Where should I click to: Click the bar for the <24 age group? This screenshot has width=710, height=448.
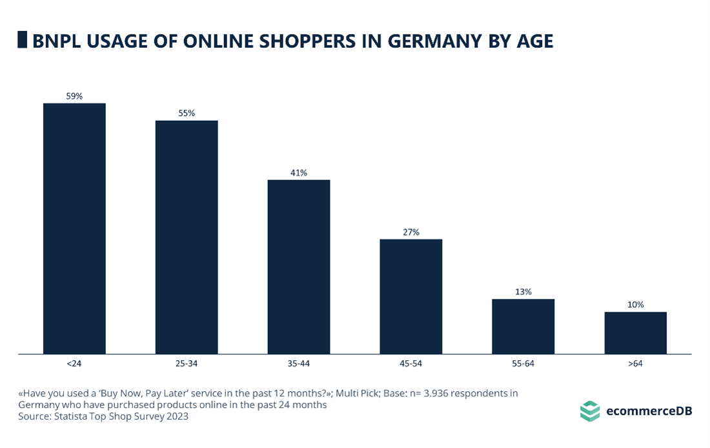(74, 229)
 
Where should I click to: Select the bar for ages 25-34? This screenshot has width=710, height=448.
(187, 237)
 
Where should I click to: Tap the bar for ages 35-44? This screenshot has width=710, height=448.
(299, 267)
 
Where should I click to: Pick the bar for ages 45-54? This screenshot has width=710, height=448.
(411, 296)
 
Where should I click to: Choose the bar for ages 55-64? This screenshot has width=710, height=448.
(523, 326)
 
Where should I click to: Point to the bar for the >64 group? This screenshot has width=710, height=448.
(636, 332)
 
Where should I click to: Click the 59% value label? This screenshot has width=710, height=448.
(74, 96)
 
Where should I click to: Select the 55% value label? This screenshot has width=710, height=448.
(187, 113)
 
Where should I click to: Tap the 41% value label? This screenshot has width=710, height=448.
(299, 172)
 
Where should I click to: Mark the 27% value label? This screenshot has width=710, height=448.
(411, 232)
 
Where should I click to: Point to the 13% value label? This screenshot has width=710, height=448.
(523, 291)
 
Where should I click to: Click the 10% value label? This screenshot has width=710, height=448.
(636, 304)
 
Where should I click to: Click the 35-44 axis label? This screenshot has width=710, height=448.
(299, 363)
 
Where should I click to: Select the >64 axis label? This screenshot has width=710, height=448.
(636, 363)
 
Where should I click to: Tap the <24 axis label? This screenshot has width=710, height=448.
(74, 363)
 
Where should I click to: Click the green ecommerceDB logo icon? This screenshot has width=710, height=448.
(589, 411)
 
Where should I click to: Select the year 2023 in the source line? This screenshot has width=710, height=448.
(176, 416)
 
